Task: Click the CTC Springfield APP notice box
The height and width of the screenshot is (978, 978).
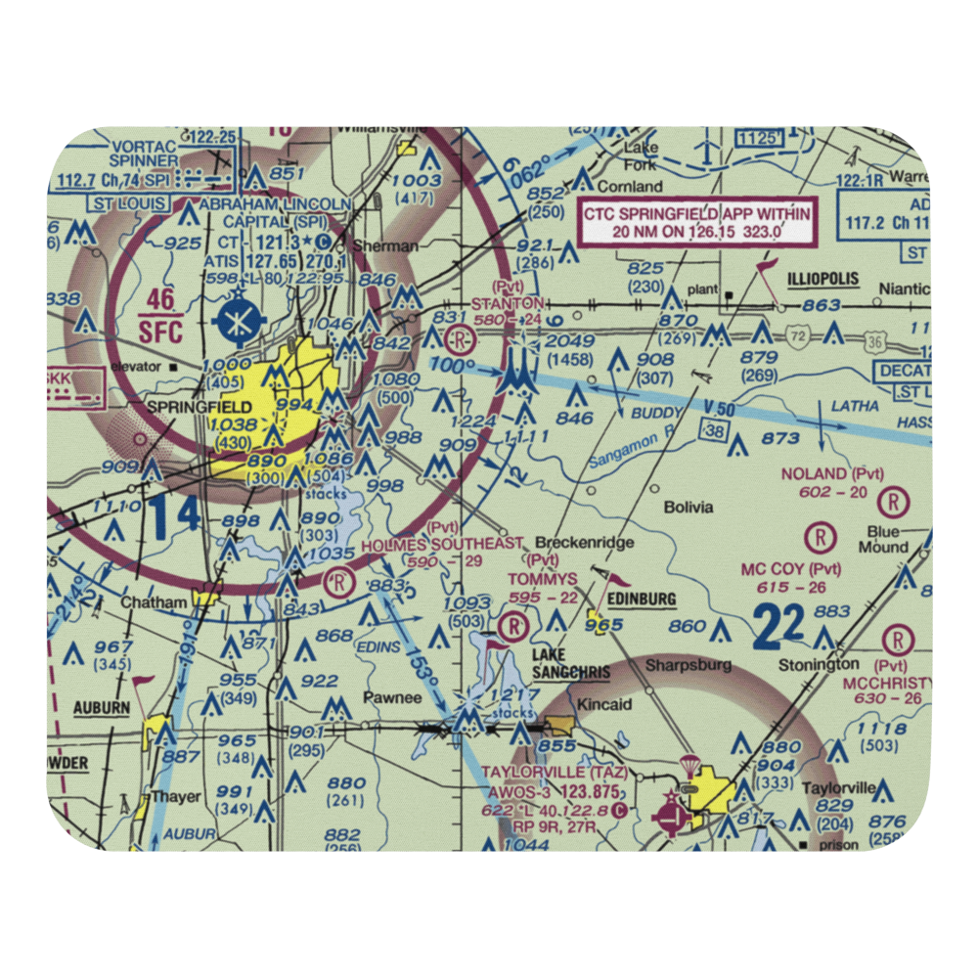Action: click(696, 223)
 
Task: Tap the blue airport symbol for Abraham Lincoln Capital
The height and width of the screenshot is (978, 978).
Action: click(237, 318)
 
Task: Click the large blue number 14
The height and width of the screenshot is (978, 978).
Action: click(176, 515)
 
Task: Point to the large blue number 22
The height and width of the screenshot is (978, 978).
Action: click(778, 626)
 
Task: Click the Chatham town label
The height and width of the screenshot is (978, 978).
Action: click(153, 603)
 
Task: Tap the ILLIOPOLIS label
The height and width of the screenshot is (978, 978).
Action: click(823, 280)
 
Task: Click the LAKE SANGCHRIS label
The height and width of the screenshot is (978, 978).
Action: click(571, 664)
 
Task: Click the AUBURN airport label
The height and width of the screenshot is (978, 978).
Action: click(100, 706)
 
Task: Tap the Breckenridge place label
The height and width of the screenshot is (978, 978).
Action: click(587, 542)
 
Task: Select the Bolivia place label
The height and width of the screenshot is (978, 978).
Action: click(689, 507)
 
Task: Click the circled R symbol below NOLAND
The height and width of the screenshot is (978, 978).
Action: click(894, 504)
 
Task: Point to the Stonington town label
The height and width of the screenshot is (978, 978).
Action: click(819, 665)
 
